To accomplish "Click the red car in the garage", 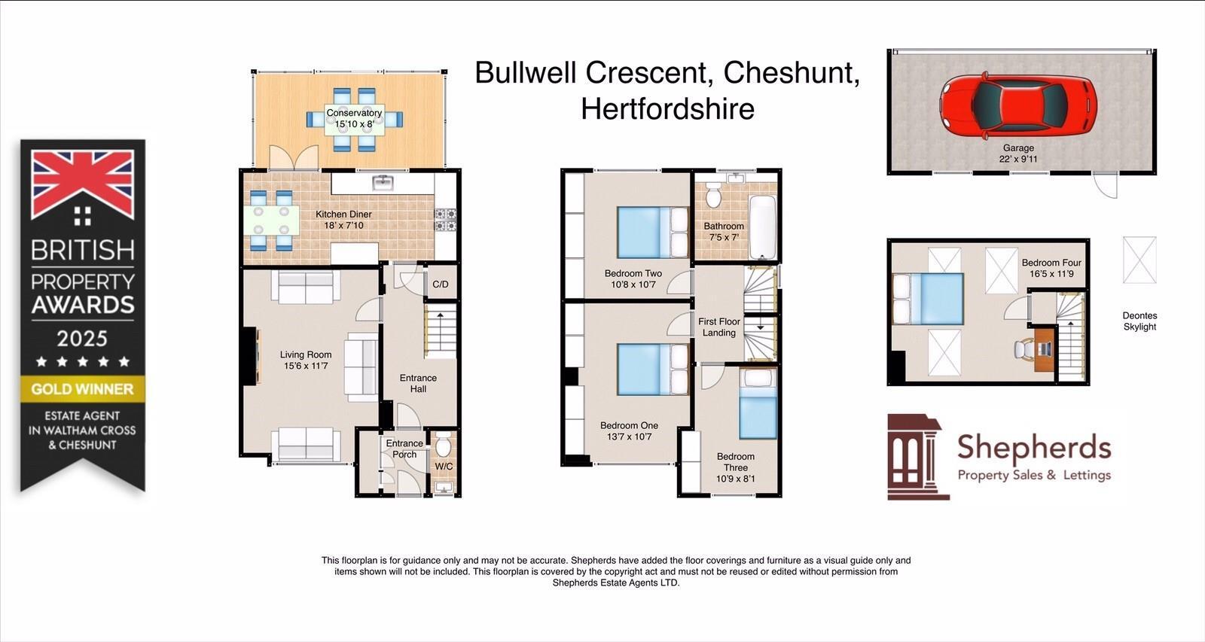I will coord(1017,106).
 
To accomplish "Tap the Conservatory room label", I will coord(354,118).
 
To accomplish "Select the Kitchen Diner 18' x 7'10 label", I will coord(343,220).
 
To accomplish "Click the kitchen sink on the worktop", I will coord(383,183).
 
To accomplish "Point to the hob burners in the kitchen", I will coord(445,220).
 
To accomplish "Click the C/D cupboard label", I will coord(441,284).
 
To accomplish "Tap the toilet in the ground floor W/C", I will coord(443,446).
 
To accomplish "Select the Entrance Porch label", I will coord(404,449).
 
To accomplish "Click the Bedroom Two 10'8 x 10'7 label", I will coord(633,279).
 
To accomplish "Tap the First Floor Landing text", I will coord(719,327).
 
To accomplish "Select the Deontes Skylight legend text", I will coord(1139,321).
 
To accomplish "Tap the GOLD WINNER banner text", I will coord(82,389).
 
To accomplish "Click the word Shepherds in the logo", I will coord(1033,448).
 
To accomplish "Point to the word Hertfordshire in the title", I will coord(667,109).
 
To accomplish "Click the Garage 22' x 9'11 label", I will coord(1018,154).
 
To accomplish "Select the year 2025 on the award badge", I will coord(82,338).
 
